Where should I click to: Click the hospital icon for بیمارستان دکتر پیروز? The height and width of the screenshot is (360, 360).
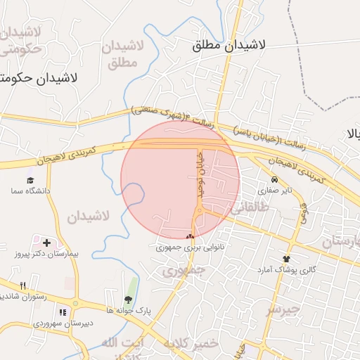[x=46, y=243]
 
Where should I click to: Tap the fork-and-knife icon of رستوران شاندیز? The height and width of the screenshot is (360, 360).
[x=23, y=285]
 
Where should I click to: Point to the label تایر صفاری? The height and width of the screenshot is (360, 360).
[x=274, y=190]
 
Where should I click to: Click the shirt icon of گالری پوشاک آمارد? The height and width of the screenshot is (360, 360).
[x=285, y=259]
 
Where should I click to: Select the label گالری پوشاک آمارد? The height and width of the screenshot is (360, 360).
[x=285, y=270]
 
